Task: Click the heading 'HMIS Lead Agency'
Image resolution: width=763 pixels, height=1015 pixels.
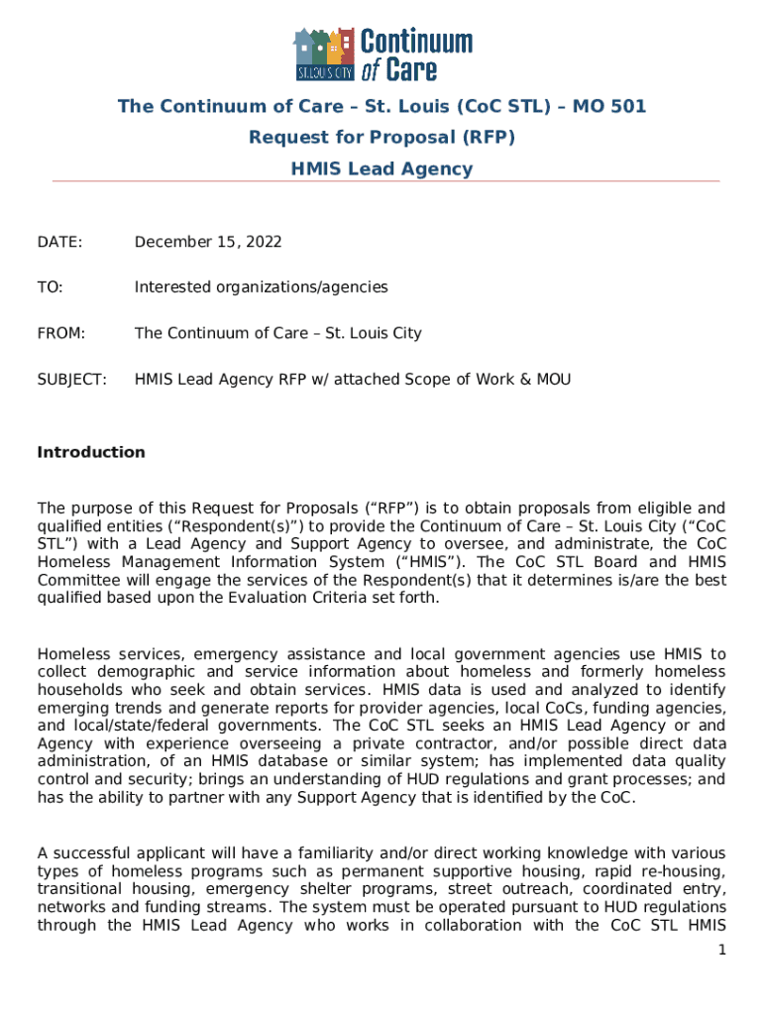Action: (x=381, y=169)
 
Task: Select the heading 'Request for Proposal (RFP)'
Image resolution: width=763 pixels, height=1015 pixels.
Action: (x=381, y=137)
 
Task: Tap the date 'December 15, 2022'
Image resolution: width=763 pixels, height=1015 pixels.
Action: (x=208, y=242)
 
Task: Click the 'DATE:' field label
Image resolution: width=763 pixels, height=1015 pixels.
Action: (x=59, y=242)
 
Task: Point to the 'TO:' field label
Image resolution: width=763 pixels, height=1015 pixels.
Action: (x=50, y=287)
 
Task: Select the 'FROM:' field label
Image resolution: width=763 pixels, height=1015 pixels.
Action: (x=61, y=333)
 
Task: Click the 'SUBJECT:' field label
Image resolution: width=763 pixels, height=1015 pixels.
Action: (x=71, y=379)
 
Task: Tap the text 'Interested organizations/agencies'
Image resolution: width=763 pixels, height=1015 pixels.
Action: (x=261, y=287)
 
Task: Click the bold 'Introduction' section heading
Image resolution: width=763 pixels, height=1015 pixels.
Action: (x=91, y=452)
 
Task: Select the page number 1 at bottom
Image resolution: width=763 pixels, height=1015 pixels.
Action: (x=722, y=951)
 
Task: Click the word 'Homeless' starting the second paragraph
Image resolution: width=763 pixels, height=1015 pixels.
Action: (x=73, y=654)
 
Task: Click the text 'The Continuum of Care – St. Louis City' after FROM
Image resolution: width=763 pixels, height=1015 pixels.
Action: (x=277, y=333)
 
